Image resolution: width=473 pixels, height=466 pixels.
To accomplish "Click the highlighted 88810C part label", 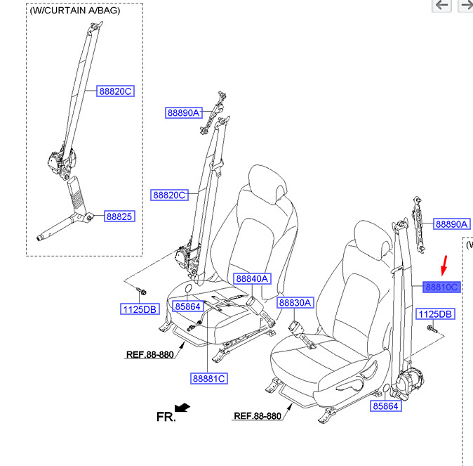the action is tap(441, 287).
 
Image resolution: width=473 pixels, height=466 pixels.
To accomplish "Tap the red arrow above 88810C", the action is tap(444, 266).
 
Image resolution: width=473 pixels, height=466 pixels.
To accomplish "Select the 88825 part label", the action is tap(119, 216).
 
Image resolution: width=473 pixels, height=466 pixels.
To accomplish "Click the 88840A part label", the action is tap(252, 278).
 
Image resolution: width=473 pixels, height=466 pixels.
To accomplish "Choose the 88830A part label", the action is tap(295, 302).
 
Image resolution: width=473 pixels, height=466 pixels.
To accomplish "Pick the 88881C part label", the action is tap(209, 378).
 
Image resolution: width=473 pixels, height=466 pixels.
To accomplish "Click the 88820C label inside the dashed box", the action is tap(115, 91).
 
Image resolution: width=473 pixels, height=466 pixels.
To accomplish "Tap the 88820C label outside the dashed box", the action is tap(169, 195).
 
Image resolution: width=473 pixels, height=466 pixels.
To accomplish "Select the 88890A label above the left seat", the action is tap(184, 112).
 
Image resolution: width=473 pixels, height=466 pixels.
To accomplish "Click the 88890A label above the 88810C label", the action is tap(452, 224).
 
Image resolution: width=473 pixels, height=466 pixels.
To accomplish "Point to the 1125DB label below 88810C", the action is tap(435, 314).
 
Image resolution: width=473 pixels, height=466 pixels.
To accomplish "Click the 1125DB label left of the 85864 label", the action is tap(140, 309).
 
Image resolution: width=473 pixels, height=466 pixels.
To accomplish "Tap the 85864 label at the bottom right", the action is tap(386, 406).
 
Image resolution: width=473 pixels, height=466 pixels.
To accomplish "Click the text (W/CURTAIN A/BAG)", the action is tap(75, 11).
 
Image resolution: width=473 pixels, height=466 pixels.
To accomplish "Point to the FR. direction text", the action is tap(166, 417).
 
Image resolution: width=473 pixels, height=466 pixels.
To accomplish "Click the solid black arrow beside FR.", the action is tap(182, 408).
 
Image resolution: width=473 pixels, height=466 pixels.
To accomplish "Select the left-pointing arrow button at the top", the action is tap(441, 5).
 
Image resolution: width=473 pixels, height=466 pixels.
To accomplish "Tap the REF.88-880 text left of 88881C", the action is tap(150, 354).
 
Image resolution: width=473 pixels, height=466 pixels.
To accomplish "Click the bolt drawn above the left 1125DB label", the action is tap(142, 291).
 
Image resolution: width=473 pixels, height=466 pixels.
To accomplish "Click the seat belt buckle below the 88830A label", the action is tap(294, 327).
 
